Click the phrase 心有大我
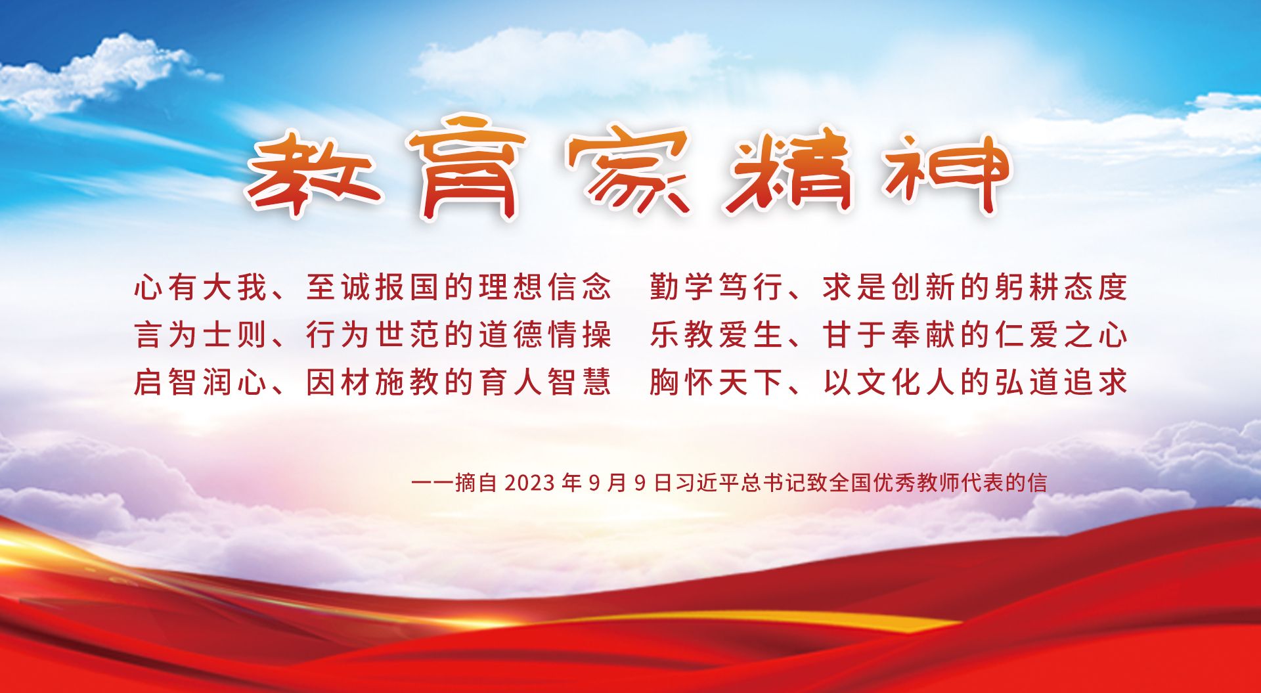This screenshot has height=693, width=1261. click(200, 287)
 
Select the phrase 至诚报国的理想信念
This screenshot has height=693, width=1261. click(459, 287)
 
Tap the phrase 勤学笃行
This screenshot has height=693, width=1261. click(717, 287)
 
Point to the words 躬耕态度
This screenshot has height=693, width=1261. click(1061, 287)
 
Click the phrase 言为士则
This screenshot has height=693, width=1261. click(200, 334)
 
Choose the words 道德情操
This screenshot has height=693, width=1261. click(545, 334)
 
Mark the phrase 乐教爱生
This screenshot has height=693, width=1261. click(717, 334)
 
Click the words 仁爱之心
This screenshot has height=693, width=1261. click(1061, 334)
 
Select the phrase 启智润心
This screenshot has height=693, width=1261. click(200, 382)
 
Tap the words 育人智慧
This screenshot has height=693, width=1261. click(545, 382)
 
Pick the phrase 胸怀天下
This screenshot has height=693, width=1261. click(717, 382)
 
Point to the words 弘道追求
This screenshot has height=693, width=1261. click(1061, 382)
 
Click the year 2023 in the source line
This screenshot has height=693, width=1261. click(530, 483)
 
